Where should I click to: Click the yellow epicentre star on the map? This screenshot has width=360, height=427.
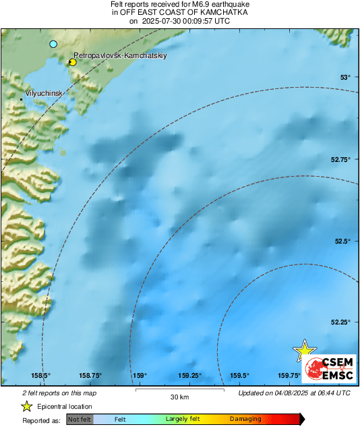pos(304,349)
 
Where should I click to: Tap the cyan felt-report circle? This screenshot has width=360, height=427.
pos(53,44)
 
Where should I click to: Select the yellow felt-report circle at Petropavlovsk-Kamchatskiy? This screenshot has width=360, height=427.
pos(72,62)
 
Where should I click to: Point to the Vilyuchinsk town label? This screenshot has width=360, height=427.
pos(44,91)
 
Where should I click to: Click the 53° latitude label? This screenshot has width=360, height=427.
pos(345,78)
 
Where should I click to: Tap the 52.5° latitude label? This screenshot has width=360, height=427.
pos(344,241)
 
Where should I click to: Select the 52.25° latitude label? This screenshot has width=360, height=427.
pos(341,322)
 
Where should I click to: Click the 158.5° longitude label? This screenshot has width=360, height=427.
pos(40,376)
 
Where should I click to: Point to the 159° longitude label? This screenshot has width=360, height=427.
pos(140,376)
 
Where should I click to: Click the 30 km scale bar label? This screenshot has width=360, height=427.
pos(179,397)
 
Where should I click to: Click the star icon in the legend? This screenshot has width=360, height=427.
pos(27,406)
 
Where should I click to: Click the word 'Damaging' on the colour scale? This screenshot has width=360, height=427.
pos(245,419)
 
